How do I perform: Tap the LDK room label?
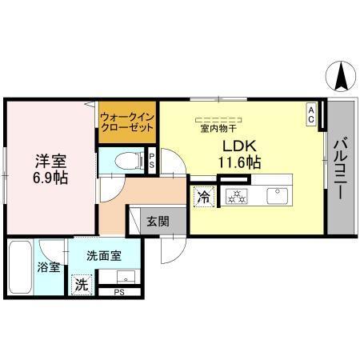click(238, 146)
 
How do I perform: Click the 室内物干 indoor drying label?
click(217, 127)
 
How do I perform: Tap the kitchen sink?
click(278, 193)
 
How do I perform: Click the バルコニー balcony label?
click(340, 170)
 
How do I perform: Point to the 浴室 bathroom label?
click(49, 266)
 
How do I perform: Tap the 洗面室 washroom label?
click(105, 256)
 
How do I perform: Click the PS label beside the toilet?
click(151, 160)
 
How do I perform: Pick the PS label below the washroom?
click(118, 293)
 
